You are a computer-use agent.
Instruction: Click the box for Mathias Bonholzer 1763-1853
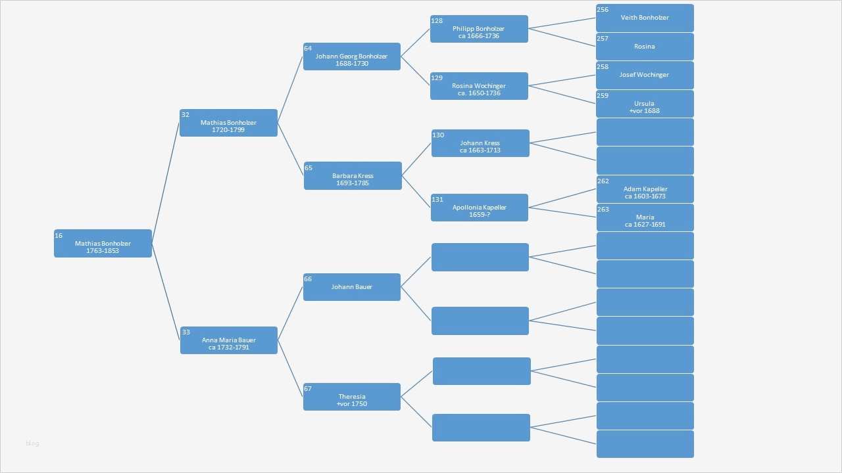pos(103,243)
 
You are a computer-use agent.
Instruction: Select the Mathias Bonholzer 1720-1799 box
pos(228,123)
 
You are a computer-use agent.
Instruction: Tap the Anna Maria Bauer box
pos(228,340)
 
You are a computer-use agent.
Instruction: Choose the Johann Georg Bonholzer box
pos(351,56)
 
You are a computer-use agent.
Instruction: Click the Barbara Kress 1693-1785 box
pos(353,176)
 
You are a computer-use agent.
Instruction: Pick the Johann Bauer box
pos(351,287)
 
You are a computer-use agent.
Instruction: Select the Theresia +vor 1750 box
pos(351,397)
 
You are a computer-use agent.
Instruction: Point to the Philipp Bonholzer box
pos(479,29)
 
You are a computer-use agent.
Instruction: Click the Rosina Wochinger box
pos(479,86)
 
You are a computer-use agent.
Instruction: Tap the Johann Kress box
pos(480,143)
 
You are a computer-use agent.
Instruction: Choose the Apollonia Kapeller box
pos(479,208)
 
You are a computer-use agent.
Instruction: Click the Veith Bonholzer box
pos(645,18)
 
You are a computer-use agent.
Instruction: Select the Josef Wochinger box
pos(645,75)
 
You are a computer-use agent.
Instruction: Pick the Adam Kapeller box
pos(645,189)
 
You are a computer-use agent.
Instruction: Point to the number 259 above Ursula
pos(603,95)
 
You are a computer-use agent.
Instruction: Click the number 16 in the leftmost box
pos(59,235)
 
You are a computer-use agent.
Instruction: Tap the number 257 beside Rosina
pos(603,38)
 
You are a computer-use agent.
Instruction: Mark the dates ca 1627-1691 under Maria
pos(645,224)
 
